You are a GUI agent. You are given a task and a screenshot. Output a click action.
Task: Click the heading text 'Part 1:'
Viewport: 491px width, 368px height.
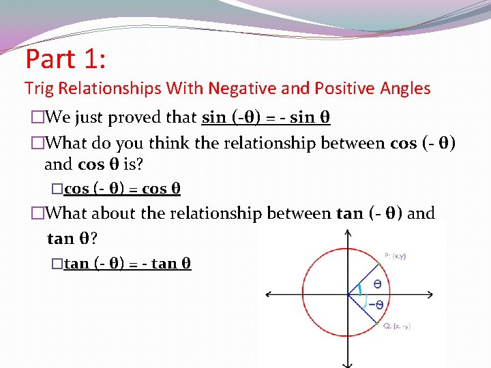(65, 59)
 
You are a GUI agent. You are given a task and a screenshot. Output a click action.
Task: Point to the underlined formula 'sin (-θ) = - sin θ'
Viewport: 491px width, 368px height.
(266, 117)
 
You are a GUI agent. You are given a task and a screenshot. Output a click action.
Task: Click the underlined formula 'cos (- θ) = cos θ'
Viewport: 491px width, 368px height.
(122, 188)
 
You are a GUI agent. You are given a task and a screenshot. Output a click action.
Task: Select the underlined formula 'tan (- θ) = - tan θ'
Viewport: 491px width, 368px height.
(128, 263)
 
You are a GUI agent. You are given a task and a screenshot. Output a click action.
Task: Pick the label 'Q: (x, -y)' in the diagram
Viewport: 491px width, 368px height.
(396, 326)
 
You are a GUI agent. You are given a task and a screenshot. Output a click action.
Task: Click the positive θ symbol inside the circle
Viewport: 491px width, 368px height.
(376, 282)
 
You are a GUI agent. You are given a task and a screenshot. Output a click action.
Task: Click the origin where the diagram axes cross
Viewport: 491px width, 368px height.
(348, 294)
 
